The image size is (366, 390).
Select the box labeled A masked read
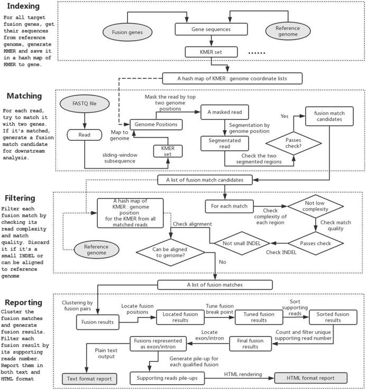(224, 112)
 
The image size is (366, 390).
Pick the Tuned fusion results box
(257, 316)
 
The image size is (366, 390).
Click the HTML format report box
(310, 379)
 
